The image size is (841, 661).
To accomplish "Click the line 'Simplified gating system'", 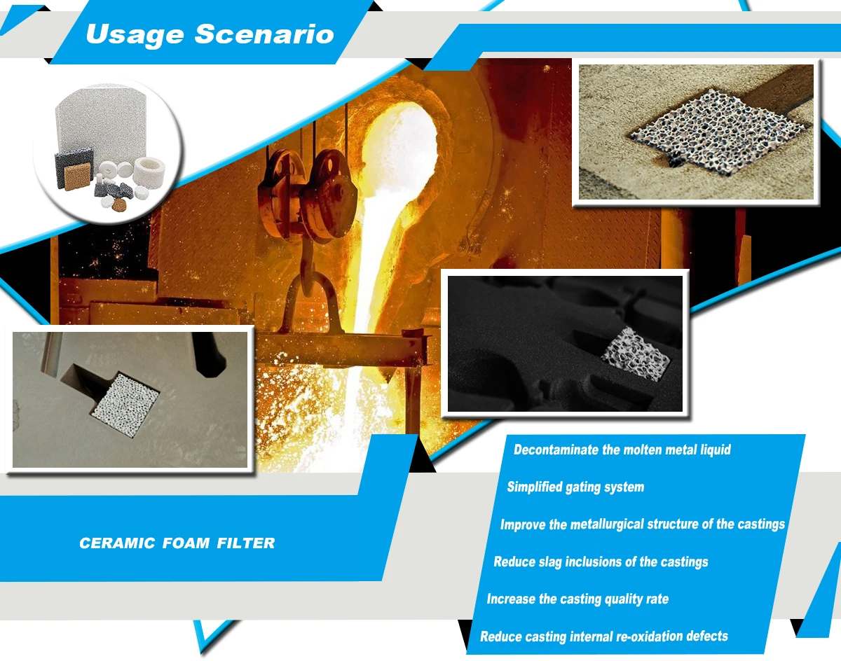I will [575, 487].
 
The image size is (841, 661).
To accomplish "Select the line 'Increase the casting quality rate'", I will [577, 599].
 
